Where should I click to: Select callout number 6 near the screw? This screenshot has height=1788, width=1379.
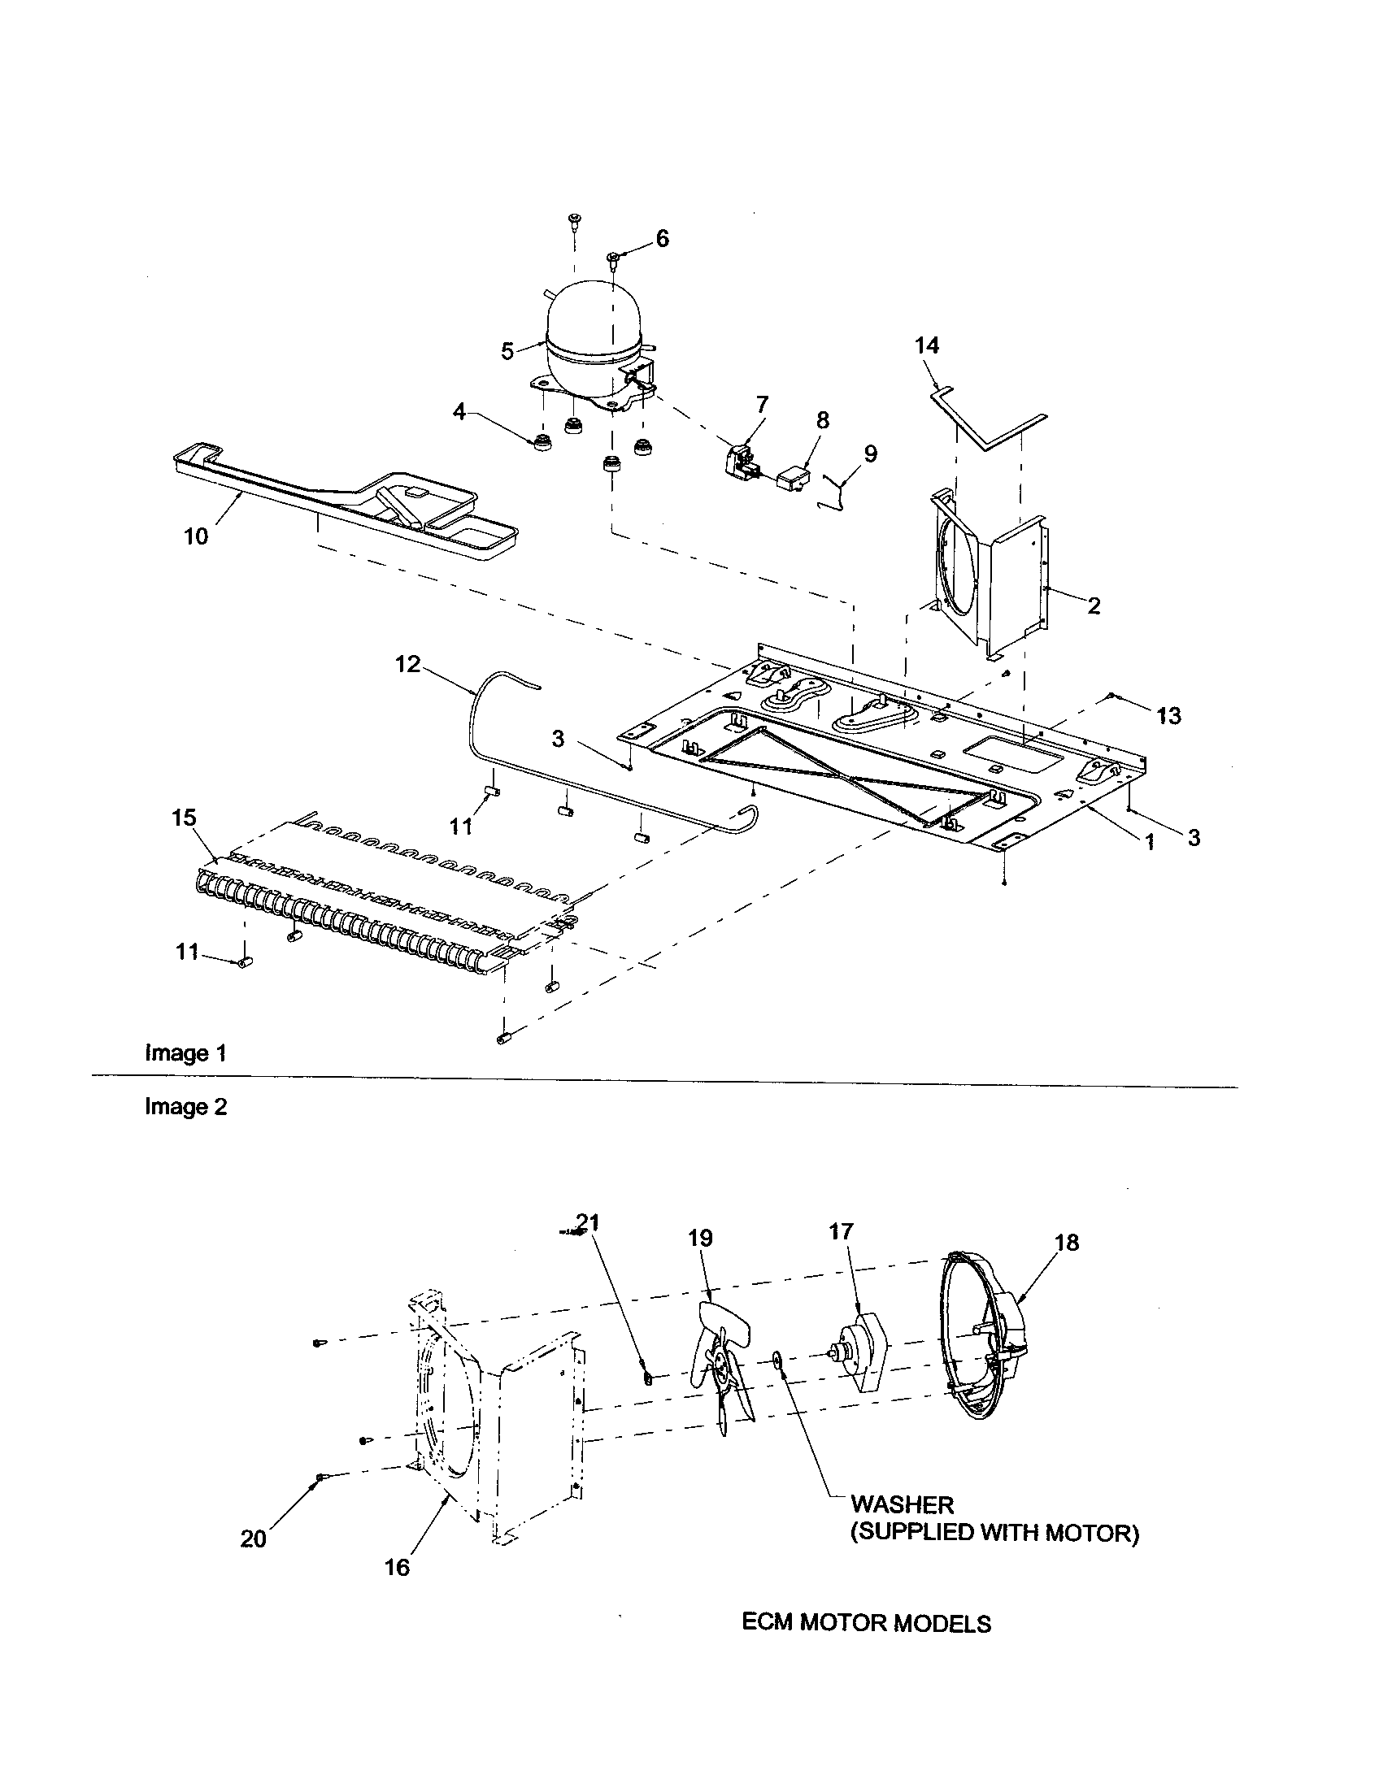662,238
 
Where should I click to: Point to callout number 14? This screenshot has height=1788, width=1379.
926,346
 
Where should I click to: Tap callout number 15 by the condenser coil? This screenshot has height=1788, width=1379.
185,818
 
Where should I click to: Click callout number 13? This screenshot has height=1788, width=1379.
1168,715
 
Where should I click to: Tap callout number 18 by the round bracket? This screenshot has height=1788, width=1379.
1067,1243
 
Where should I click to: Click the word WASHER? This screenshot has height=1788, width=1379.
902,1504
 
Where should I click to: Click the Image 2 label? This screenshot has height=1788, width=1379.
186,1107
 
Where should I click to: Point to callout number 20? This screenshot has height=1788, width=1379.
253,1539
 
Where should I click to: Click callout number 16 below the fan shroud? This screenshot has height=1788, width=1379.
396,1567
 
